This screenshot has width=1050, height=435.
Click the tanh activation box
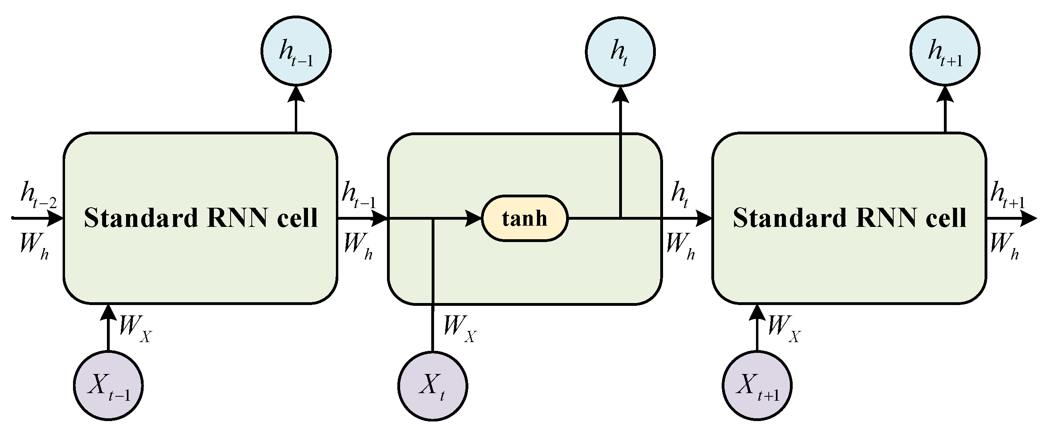(525, 218)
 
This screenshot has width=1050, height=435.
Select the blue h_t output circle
(620, 52)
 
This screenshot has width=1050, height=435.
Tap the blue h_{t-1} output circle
(296, 51)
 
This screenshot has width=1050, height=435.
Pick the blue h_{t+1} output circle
(945, 51)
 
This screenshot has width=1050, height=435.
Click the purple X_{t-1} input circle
(109, 385)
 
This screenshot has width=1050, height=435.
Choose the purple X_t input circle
(432, 386)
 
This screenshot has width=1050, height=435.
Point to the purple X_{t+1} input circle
(757, 385)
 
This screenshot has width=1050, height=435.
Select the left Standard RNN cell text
(200, 218)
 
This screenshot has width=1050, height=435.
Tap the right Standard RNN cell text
(849, 218)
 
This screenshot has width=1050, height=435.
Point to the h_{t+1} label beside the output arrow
(1007, 197)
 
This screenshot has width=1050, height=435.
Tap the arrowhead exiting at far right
(1029, 219)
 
